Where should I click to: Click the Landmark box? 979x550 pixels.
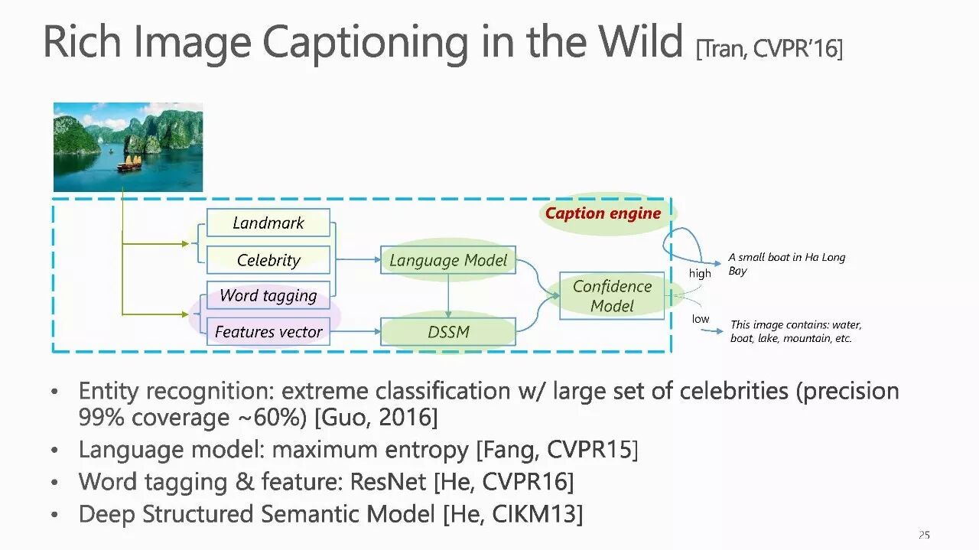coord(268,223)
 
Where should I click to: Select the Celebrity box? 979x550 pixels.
coord(268,260)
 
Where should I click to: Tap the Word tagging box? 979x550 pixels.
coord(268,295)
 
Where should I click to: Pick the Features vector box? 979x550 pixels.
coord(268,332)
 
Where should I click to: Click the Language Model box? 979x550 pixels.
coord(448,260)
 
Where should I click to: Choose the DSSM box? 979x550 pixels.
coord(448,332)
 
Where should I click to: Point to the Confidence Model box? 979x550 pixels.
coord(612,296)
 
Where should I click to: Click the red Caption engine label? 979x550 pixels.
coord(603,213)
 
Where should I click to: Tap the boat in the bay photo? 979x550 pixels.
coord(129,163)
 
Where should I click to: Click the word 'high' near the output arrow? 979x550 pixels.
coord(700,274)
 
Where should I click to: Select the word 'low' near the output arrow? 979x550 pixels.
coord(701,319)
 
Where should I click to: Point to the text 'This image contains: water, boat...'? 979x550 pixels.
coord(795,331)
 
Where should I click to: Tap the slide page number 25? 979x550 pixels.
coord(924,535)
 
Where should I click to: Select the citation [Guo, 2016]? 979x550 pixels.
coord(376,418)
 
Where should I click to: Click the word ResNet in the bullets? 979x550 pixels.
coord(389,482)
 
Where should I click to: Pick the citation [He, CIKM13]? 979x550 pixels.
coord(512,515)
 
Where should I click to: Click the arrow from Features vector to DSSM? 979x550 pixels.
coord(355,332)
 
